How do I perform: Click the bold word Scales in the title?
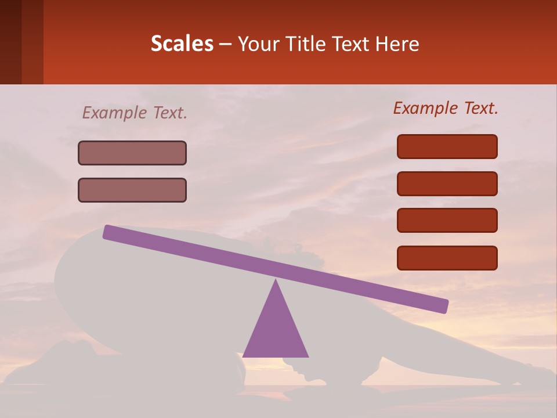[x=182, y=44]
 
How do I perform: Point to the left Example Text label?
[x=135, y=113]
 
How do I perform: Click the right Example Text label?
[x=446, y=108]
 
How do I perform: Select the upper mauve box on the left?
[x=132, y=153]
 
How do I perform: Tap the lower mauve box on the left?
[x=132, y=190]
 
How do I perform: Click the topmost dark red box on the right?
[x=447, y=146]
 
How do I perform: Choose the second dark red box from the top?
[x=447, y=183]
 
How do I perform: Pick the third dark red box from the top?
[x=447, y=221]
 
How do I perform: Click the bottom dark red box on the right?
[x=447, y=258]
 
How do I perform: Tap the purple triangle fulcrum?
[x=276, y=331]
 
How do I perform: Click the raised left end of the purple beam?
[x=110, y=232]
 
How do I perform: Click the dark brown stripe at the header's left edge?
[x=10, y=42]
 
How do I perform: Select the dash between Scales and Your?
[x=226, y=44]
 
